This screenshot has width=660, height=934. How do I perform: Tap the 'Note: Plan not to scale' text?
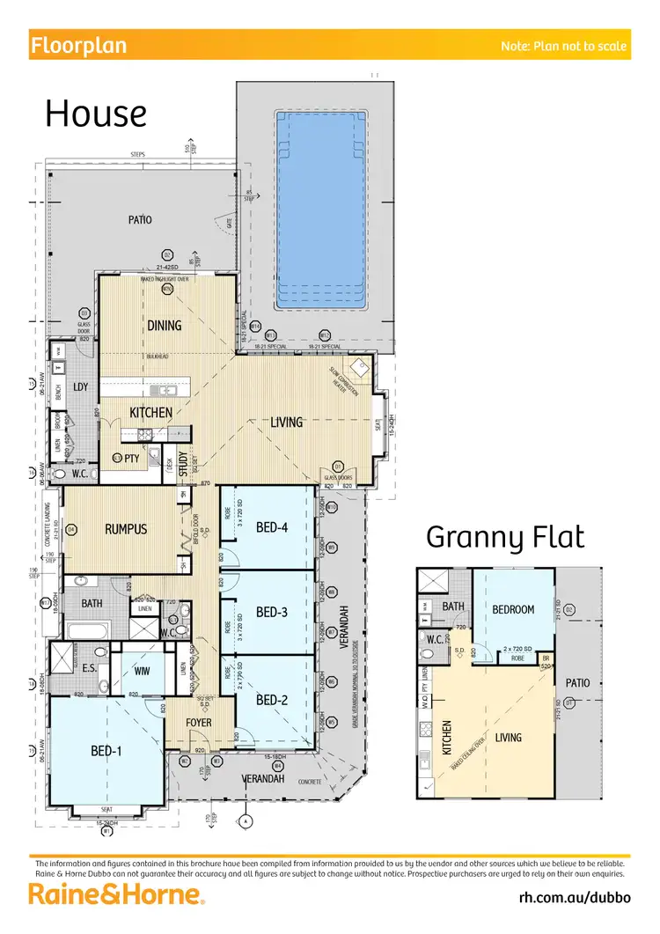(563, 46)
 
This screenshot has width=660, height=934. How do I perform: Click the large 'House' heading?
(95, 114)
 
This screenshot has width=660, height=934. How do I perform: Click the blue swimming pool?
(318, 210)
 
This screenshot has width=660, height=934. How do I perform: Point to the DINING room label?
(165, 325)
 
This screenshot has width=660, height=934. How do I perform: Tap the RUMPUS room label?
(126, 529)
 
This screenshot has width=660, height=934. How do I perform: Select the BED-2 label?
(272, 701)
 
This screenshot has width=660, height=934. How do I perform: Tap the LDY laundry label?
(81, 387)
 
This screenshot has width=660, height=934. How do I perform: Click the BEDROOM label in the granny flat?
(513, 609)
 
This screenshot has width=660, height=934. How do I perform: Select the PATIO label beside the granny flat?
(578, 682)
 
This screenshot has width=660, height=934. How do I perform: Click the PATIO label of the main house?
(140, 219)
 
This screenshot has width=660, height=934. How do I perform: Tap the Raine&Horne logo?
(118, 895)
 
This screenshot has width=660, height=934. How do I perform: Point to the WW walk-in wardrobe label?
(141, 670)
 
